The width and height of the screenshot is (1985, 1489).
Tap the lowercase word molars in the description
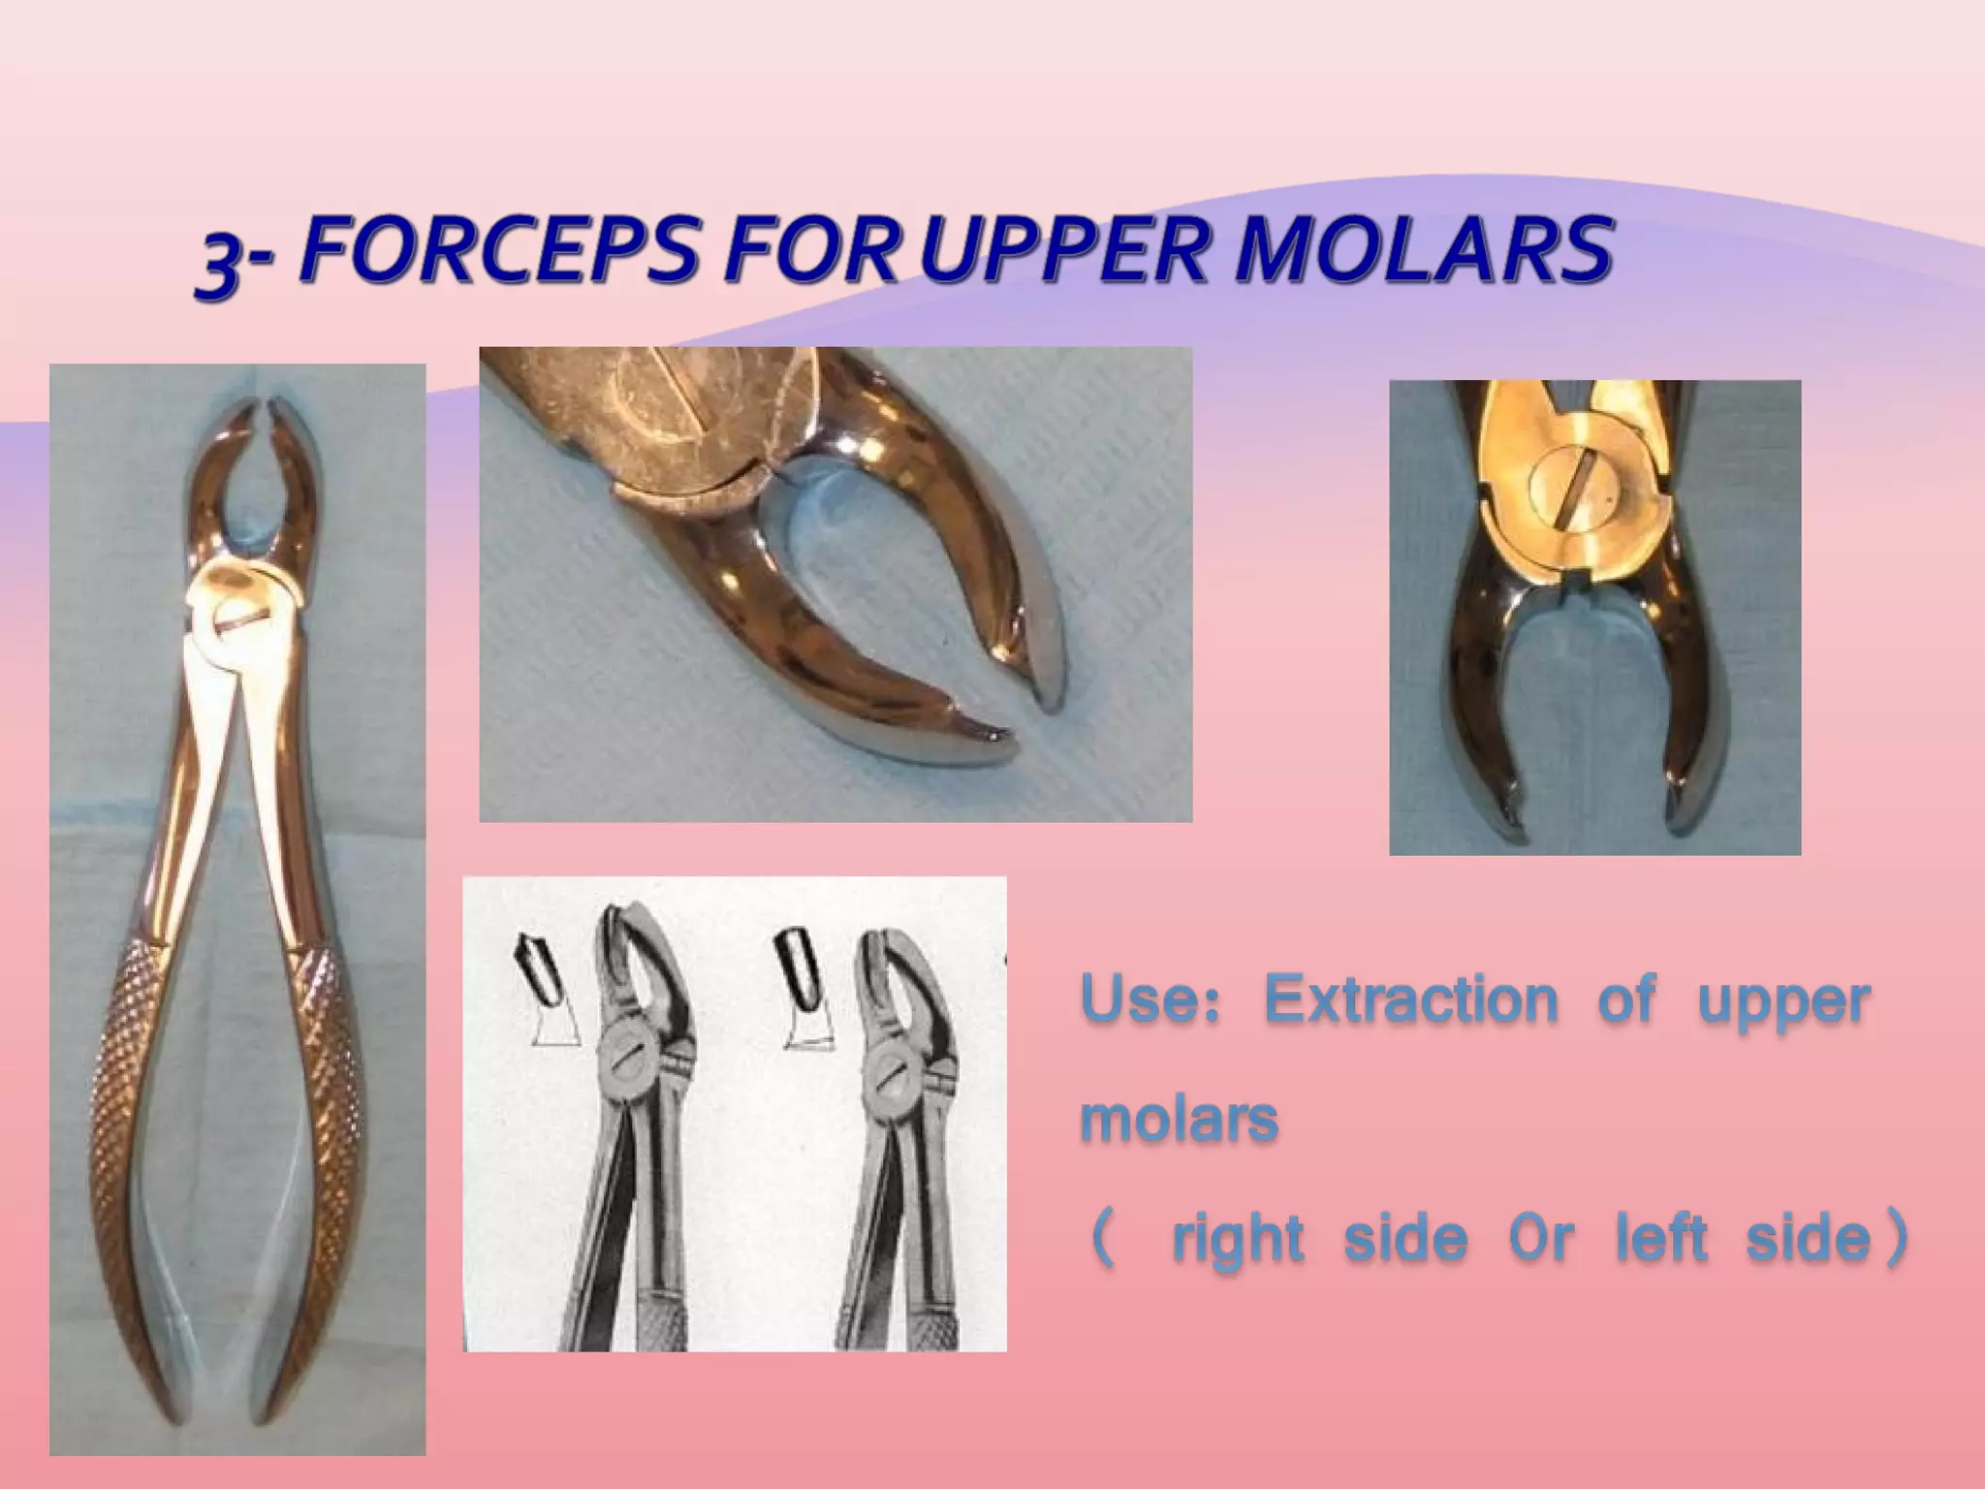(x=1179, y=1120)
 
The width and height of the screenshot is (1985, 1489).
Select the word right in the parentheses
(x=1237, y=1239)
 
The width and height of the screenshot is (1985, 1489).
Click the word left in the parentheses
(x=1660, y=1239)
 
